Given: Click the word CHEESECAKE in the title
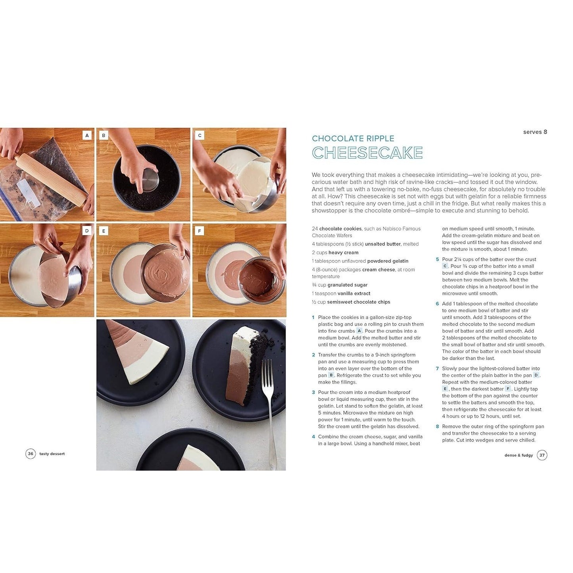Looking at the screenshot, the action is pos(367,153).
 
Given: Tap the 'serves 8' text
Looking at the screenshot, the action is pos(535,132).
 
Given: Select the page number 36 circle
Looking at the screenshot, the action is pos(30,454).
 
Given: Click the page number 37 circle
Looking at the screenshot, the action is pos(542,455).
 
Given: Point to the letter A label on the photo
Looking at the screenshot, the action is pos(87,135).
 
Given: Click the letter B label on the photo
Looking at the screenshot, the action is pos(103,135).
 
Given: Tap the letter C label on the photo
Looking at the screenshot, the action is pos(199,135).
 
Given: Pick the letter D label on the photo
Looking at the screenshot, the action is pos(87,230).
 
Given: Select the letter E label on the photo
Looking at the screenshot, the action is pos(103,231).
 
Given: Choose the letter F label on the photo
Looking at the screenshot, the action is pos(199,231).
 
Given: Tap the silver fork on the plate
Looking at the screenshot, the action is pos(269,413).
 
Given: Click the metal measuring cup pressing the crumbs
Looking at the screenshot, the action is pos(150,180).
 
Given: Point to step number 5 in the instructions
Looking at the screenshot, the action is pos(437,259).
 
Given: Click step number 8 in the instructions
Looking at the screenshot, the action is pos(437,426).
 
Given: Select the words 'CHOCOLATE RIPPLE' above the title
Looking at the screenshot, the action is pos(353,138).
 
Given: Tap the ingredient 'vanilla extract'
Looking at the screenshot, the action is pos(354,293).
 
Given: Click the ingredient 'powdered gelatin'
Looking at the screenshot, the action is pos(388,261).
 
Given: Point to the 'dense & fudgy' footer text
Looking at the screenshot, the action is pos(519,455).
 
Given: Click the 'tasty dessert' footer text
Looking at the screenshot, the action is pos(52,454).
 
